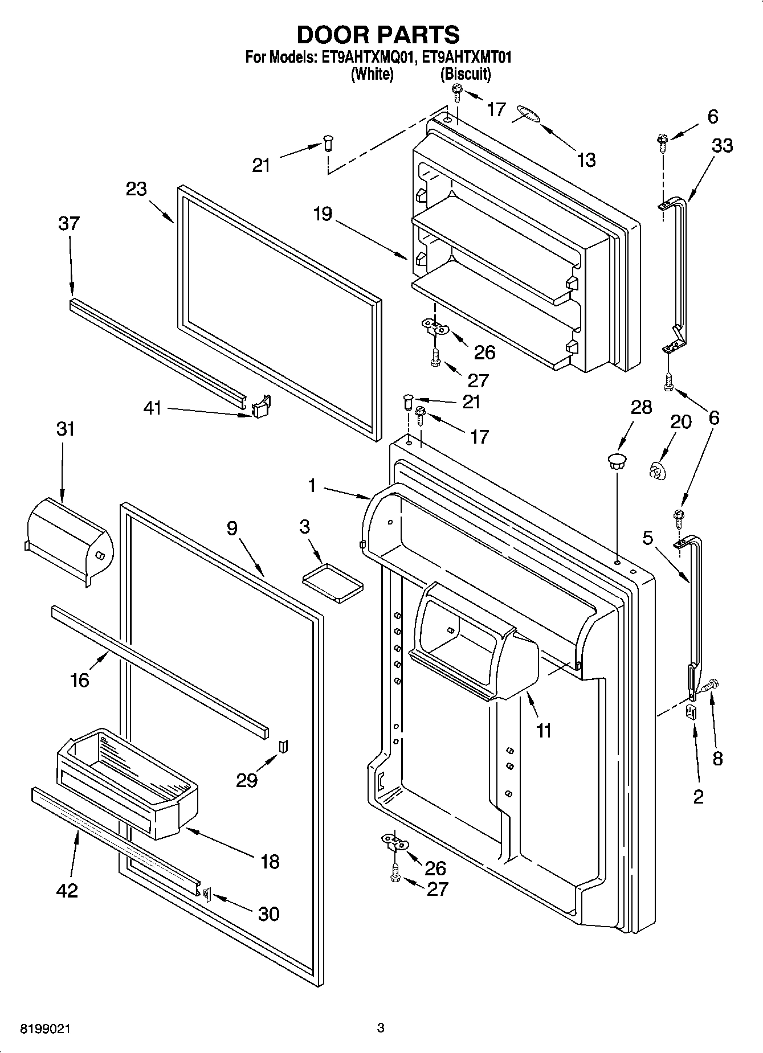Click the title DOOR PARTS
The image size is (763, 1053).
[378, 35]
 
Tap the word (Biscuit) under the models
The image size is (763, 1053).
[466, 74]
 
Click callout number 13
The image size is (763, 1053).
[586, 160]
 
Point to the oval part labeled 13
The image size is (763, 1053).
[527, 113]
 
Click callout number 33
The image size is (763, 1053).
[722, 146]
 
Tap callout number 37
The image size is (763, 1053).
[69, 223]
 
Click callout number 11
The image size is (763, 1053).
[544, 730]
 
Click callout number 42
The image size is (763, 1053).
[67, 890]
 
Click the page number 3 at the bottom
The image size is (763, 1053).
[381, 1028]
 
